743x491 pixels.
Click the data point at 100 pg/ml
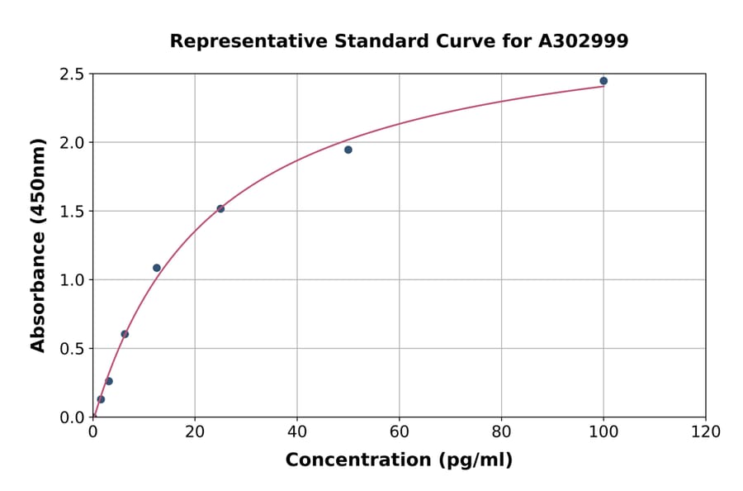click(x=603, y=81)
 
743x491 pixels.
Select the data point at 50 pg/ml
click(x=348, y=150)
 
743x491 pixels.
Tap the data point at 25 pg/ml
click(x=220, y=208)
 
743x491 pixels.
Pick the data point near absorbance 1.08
click(x=157, y=268)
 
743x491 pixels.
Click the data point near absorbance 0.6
click(x=125, y=334)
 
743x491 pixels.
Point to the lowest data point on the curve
click(x=101, y=399)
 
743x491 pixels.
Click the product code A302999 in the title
click(x=583, y=41)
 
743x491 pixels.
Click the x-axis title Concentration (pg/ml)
click(x=399, y=460)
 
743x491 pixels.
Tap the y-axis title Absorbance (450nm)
click(x=38, y=245)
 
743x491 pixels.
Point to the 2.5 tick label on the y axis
click(x=72, y=74)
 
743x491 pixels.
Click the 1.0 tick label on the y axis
click(x=72, y=280)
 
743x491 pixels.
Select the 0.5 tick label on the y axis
click(x=72, y=349)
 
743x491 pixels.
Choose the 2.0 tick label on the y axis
click(x=72, y=143)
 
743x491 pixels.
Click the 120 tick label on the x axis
click(x=706, y=431)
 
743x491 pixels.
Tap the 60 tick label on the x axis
click(x=399, y=431)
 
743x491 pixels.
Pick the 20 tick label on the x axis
click(x=195, y=431)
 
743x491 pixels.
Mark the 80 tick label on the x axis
click(x=501, y=431)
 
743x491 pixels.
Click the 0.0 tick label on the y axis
click(x=72, y=417)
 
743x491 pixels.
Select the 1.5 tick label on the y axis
click(x=72, y=212)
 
